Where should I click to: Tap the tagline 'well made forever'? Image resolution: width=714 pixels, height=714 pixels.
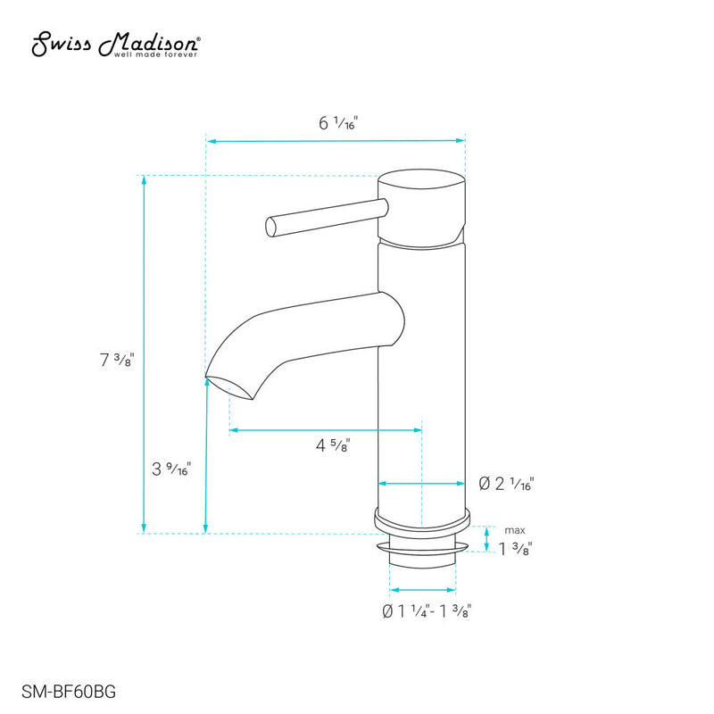(155, 54)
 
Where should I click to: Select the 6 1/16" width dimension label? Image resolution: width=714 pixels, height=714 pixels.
(337, 124)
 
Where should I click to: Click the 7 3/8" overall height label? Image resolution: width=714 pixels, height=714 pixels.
(117, 360)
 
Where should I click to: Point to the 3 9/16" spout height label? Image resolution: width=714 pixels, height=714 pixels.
(170, 469)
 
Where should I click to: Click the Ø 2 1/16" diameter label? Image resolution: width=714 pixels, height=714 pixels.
(506, 484)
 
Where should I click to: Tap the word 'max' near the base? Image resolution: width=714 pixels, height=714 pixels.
(514, 530)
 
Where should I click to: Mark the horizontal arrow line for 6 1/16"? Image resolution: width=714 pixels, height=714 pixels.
(336, 140)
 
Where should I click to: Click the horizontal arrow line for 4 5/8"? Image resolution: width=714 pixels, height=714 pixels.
(326, 430)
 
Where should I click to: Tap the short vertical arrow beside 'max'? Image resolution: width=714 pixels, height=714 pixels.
(486, 538)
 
